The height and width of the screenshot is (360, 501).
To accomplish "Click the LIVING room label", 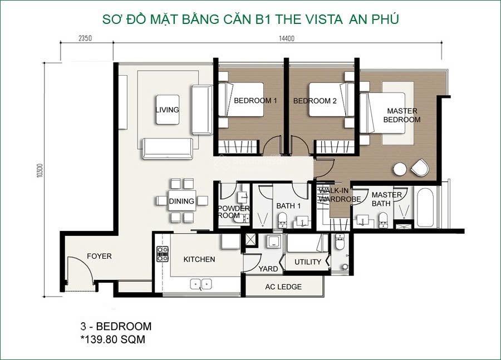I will tap(167, 110).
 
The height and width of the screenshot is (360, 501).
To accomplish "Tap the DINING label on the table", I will tap(181, 201).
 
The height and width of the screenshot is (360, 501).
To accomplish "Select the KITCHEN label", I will tap(199, 259).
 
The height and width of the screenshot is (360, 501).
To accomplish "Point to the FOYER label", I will tap(99, 257).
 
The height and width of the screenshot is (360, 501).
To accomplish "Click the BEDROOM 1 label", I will tap(255, 101).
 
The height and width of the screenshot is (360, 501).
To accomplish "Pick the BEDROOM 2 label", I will tap(315, 101).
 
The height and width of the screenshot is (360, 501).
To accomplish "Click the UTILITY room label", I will tap(307, 262).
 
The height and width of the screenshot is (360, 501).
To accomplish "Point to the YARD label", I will tap(268, 269).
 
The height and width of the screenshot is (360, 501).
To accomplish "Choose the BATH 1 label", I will tap(288, 206).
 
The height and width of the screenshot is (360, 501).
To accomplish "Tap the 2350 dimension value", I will tap(85, 38).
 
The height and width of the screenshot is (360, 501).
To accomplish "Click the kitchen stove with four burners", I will tap(163, 254).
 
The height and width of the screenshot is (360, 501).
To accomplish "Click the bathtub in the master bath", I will tap(425, 208).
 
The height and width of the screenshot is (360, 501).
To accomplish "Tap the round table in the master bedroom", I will tap(399, 169).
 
